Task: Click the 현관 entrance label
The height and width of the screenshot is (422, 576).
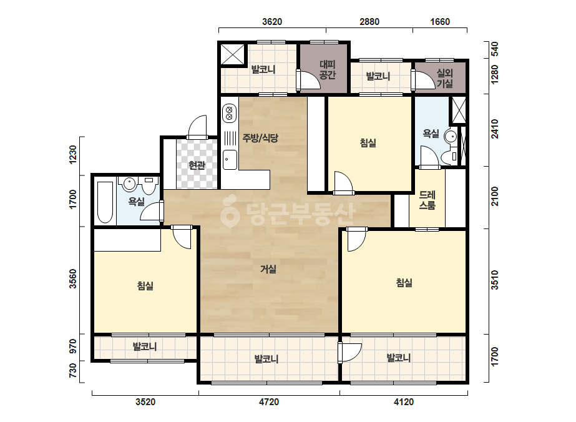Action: coord(197,165)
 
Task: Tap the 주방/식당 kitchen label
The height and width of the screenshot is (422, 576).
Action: coord(260,138)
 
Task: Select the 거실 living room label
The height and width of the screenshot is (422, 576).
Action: coord(268,269)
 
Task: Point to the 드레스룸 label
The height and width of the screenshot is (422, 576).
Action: coord(427,200)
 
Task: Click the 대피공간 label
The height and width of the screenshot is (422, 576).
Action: coord(327,70)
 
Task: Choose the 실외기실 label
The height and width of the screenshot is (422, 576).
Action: coord(444,78)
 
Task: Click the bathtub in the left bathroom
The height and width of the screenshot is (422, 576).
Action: coord(105,202)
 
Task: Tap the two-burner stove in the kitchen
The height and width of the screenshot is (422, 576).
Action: coord(229,114)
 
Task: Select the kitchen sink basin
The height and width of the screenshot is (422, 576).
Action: coord(230,160)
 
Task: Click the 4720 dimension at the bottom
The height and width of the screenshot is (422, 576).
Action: coord(269,402)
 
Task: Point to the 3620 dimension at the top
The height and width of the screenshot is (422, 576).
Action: coord(272,22)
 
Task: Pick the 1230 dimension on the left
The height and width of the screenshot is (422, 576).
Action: coord(73,155)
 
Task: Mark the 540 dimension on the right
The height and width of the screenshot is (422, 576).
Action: coord(495,49)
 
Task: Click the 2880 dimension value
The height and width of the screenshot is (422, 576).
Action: coord(369,22)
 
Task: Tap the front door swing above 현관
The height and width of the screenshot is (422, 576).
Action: coord(197,127)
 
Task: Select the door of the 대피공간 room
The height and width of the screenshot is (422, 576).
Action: coord(308,79)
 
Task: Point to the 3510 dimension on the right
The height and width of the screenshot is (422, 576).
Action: coord(495,280)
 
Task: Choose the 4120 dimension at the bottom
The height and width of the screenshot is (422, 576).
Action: coord(404,402)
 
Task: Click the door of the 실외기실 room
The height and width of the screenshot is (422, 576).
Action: coord(424,80)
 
